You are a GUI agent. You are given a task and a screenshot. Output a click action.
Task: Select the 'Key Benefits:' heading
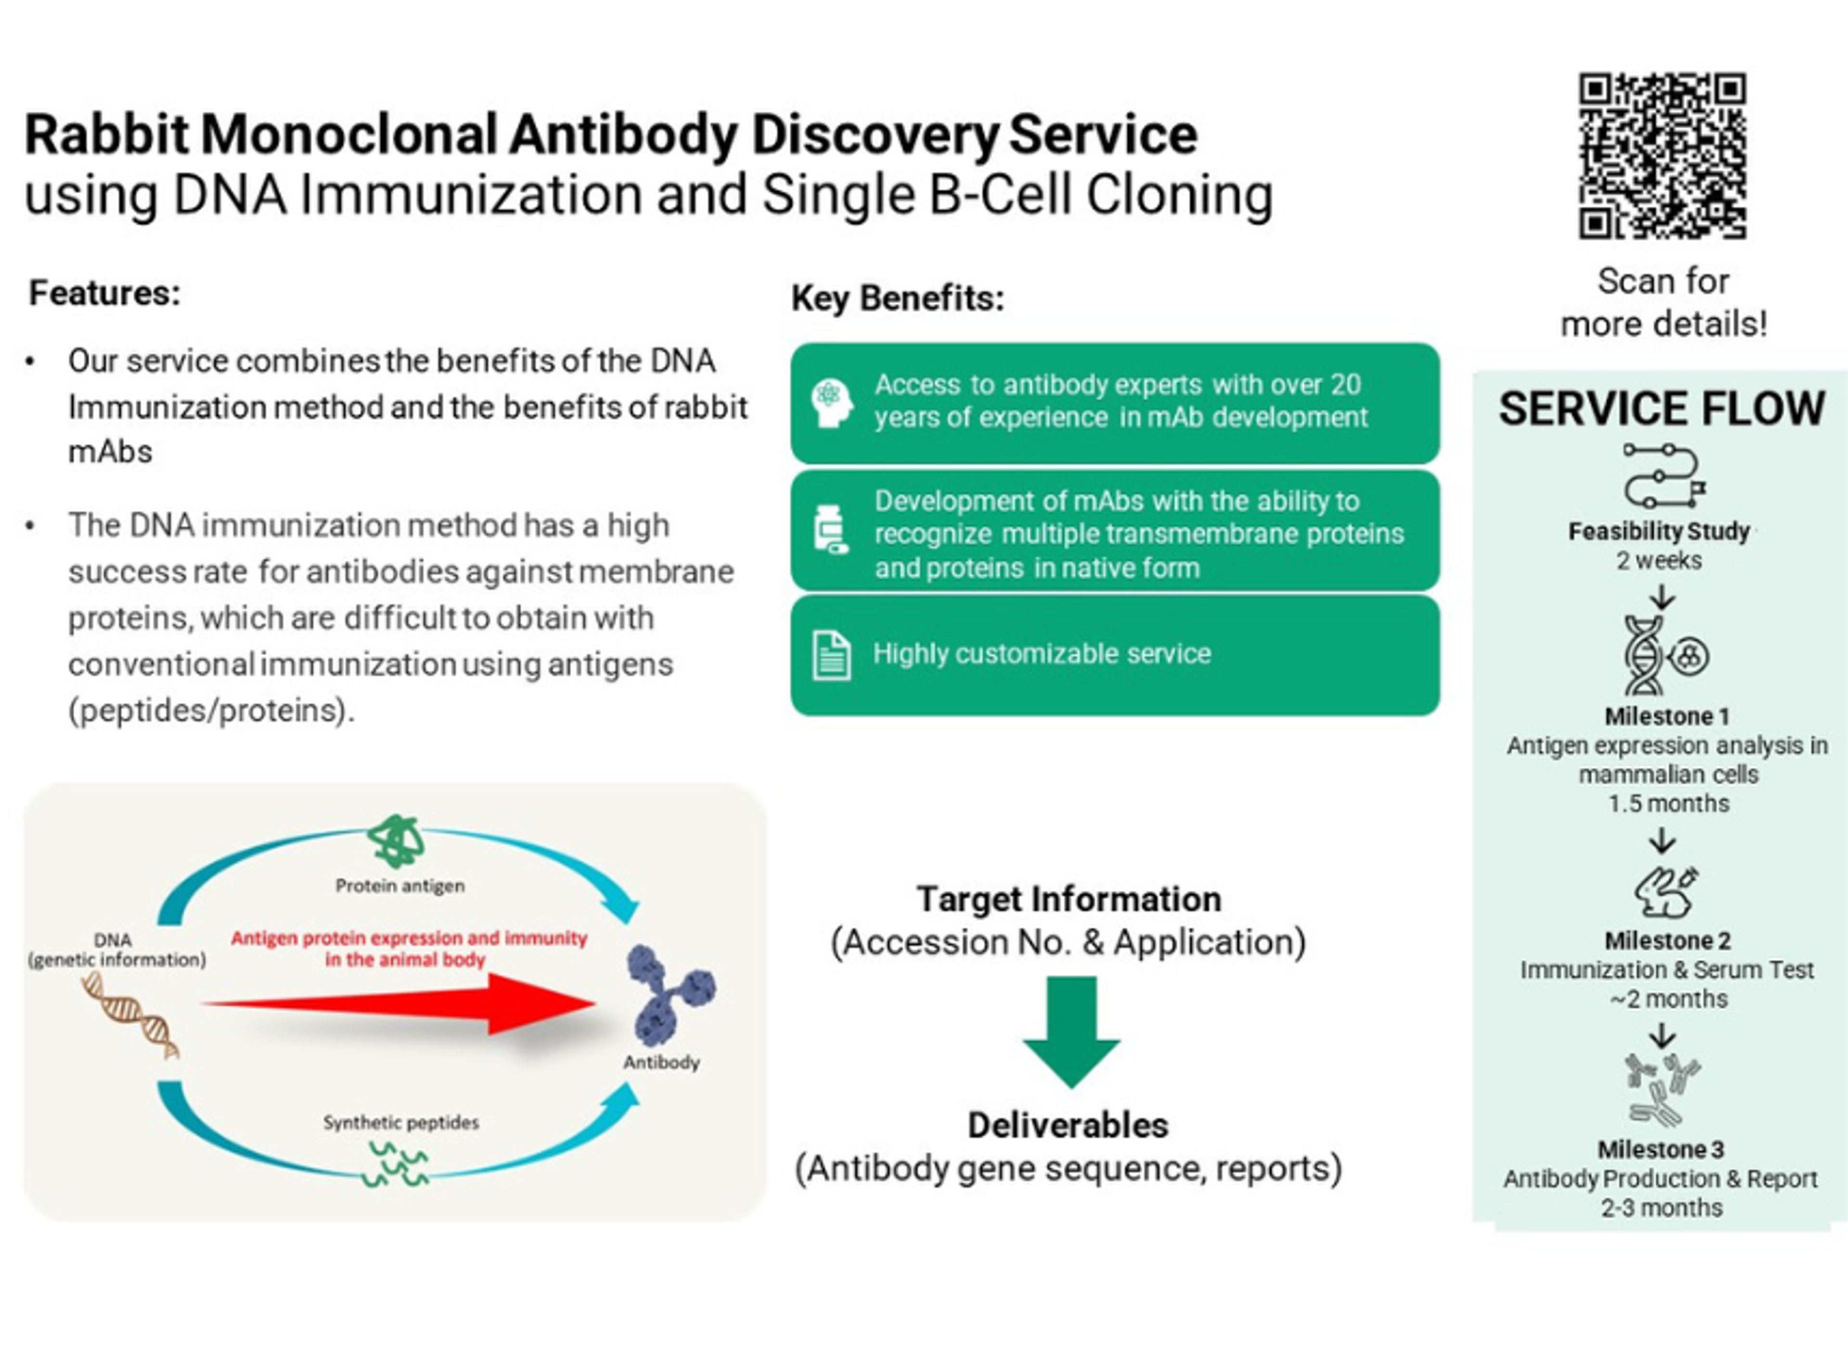click(898, 298)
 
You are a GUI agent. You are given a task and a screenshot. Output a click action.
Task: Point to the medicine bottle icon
click(830, 529)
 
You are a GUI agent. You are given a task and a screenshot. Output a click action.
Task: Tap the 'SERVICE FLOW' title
click(1661, 408)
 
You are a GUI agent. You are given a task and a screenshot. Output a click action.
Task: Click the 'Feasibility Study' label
click(1658, 531)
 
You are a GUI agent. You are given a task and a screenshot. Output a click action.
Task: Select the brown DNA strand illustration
click(130, 1016)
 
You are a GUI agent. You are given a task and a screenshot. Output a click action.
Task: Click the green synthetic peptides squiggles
click(397, 1162)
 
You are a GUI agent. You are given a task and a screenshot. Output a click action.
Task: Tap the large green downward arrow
click(1070, 1032)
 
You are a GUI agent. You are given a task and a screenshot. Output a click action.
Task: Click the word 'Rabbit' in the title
click(107, 135)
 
